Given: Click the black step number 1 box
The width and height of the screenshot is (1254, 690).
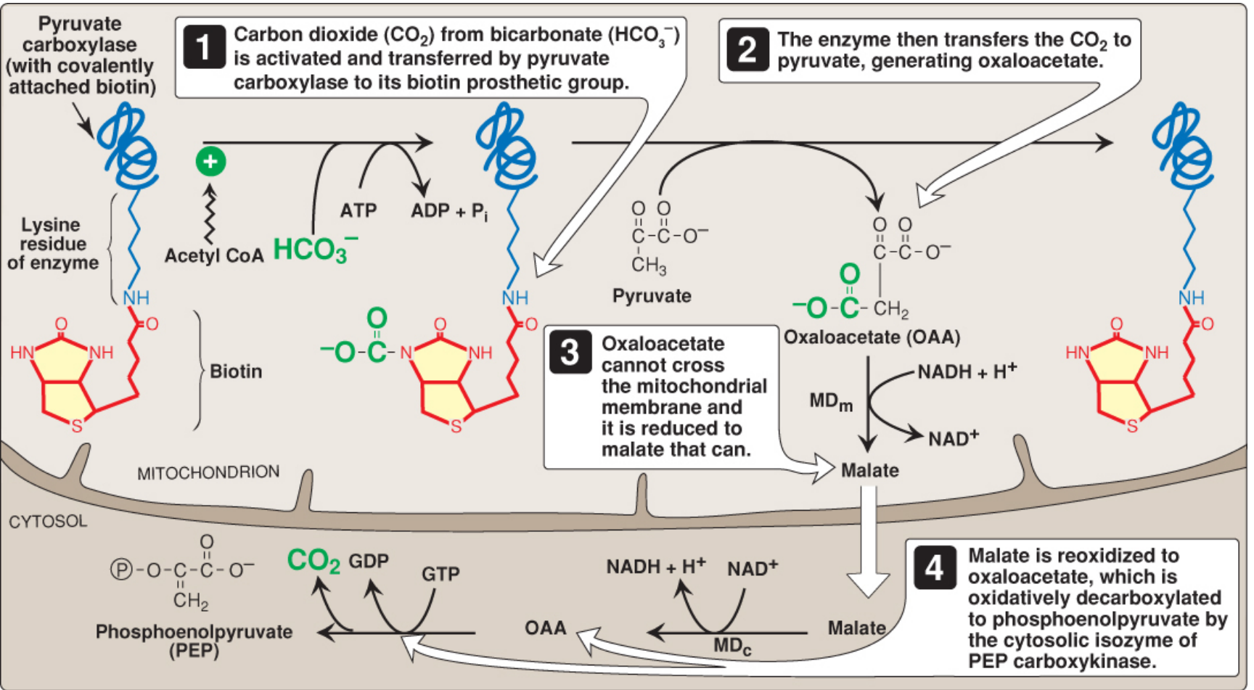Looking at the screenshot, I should (203, 46).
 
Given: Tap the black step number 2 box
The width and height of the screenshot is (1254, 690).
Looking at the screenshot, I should (747, 49).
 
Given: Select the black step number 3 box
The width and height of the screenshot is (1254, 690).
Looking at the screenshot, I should (570, 353).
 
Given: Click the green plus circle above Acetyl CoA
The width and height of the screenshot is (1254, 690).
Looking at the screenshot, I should (210, 161).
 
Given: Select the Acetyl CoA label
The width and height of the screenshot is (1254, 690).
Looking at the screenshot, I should (213, 255).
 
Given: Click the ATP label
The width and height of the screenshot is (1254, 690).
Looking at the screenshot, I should (358, 210).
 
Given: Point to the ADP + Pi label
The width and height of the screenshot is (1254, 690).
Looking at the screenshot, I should (449, 211).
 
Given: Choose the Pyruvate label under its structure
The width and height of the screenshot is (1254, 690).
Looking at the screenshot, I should (652, 295).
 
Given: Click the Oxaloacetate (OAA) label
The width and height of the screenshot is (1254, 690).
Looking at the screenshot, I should (872, 337).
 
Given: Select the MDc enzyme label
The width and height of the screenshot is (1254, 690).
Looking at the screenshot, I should (731, 646).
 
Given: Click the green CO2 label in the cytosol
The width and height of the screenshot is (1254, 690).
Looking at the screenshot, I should (313, 561).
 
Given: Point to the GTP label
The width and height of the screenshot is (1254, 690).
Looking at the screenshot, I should (440, 574).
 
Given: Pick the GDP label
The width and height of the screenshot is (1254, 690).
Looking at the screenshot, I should (369, 561).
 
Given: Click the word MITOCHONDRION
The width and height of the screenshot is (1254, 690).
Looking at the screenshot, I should (208, 472).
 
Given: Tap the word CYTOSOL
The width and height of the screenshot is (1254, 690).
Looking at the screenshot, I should (48, 521).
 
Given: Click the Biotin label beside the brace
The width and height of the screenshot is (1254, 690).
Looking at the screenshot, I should (236, 371).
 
